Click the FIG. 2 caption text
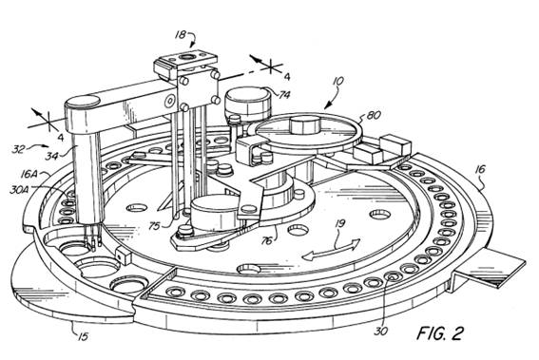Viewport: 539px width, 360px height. [440, 332]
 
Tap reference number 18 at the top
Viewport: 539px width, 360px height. [181, 35]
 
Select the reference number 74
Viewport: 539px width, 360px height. [284, 94]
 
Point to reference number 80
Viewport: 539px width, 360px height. [374, 115]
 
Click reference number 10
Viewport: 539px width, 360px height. [338, 82]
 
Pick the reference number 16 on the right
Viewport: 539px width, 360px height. [481, 169]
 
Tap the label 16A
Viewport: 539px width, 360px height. [29, 174]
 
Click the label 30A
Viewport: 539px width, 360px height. [17, 189]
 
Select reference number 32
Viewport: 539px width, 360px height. [18, 149]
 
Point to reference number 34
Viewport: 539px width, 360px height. [52, 157]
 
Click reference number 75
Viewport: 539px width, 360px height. [155, 226]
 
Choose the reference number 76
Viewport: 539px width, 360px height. [267, 241]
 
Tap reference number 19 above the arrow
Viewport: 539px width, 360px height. [339, 225]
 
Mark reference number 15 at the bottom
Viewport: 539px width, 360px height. [82, 336]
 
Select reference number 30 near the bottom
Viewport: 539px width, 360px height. [380, 331]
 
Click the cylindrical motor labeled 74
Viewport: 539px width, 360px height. [247, 102]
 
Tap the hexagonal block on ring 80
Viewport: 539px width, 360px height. [304, 124]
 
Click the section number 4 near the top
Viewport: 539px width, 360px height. [287, 77]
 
